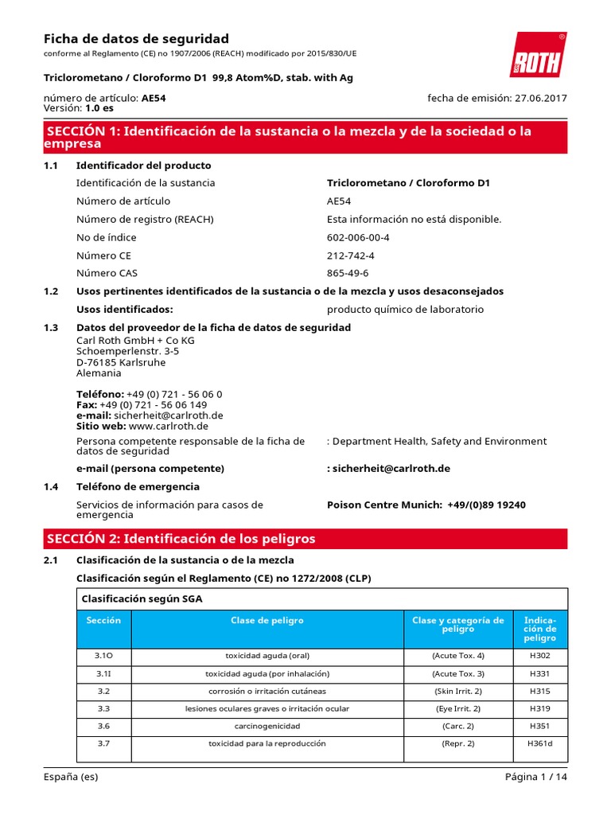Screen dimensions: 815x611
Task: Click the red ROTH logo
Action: click(x=538, y=56)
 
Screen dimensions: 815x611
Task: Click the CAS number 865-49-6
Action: click(x=348, y=273)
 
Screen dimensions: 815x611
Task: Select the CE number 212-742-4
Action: click(x=350, y=255)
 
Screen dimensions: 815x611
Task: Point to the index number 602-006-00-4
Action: click(x=358, y=237)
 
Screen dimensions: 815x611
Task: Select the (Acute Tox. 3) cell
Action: click(x=457, y=673)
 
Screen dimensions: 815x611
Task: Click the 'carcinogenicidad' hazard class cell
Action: click(x=267, y=727)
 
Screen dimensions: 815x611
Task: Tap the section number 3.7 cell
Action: click(x=103, y=744)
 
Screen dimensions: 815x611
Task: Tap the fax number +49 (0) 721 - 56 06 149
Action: click(x=154, y=404)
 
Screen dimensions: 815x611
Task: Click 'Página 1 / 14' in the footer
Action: click(x=536, y=778)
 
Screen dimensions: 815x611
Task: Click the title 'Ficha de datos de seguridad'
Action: click(x=135, y=39)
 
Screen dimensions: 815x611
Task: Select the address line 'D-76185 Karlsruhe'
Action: click(x=121, y=362)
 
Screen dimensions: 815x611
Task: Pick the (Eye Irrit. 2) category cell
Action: click(x=457, y=708)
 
